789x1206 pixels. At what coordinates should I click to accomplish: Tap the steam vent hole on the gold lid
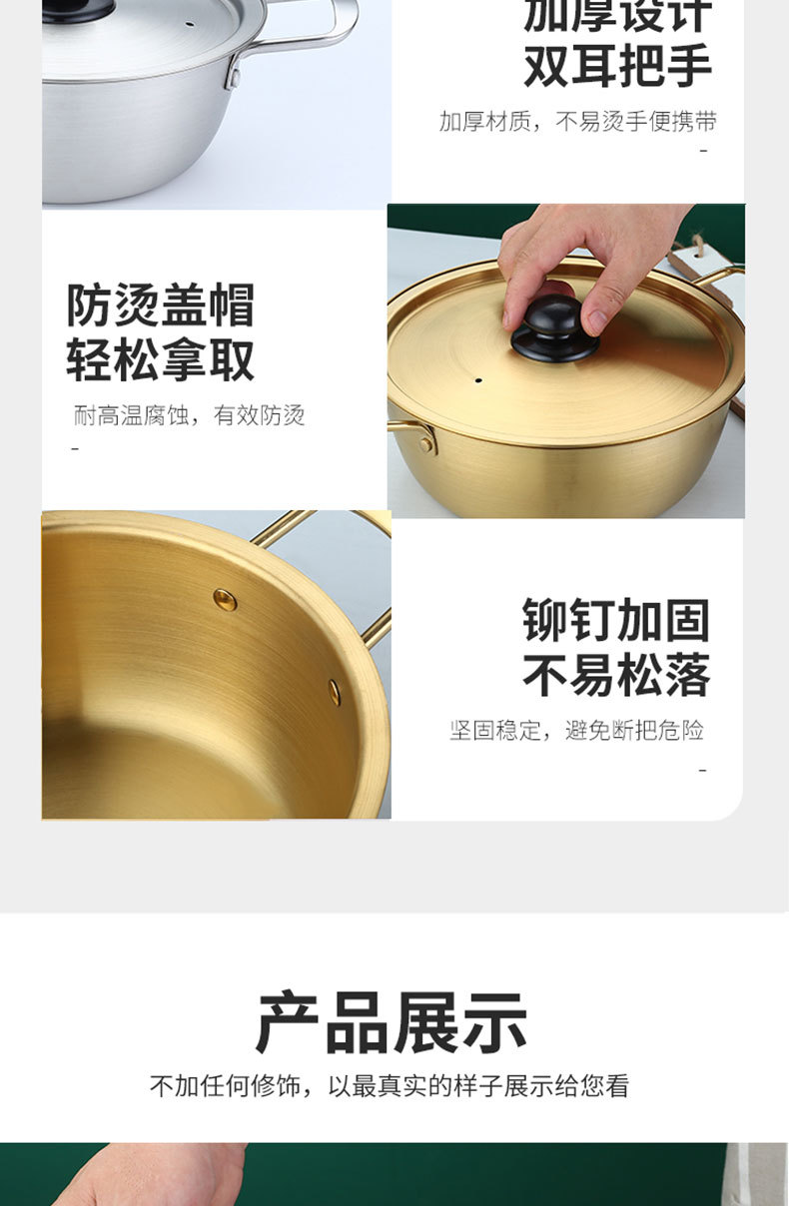point(478,380)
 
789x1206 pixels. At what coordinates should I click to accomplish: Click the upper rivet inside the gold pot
point(225,599)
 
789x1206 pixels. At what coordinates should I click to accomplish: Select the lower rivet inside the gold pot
point(335,690)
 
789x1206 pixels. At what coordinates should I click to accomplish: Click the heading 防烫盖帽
point(161,304)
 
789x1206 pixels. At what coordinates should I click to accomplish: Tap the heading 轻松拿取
point(161,360)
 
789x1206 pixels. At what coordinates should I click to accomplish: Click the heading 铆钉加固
point(616,621)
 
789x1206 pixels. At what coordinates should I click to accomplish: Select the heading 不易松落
point(616,676)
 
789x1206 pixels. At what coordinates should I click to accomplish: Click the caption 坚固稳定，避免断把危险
point(576,731)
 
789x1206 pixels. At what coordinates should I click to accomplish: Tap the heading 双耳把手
point(618,66)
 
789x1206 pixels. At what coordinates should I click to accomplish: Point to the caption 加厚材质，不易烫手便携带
point(578,122)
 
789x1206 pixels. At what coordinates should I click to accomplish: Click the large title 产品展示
point(393,1023)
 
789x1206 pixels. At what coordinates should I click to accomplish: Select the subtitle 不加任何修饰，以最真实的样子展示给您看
point(390,1086)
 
